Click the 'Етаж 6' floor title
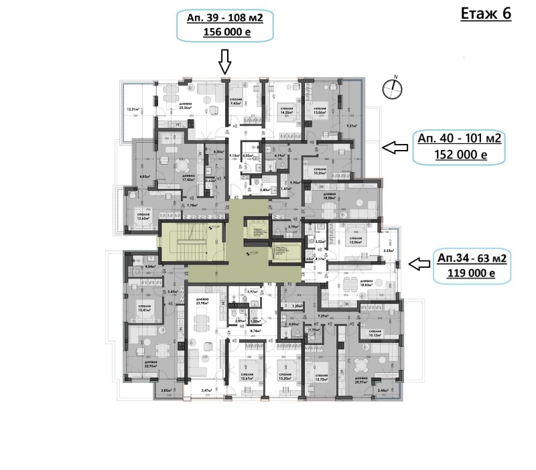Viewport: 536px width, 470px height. pos(486,15)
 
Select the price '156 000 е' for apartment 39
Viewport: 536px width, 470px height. pos(226,32)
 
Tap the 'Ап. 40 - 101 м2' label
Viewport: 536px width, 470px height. pos(460,139)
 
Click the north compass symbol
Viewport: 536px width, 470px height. pos(395,86)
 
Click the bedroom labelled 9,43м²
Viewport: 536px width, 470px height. pos(235,103)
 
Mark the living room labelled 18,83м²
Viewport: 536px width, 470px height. pos(366,283)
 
